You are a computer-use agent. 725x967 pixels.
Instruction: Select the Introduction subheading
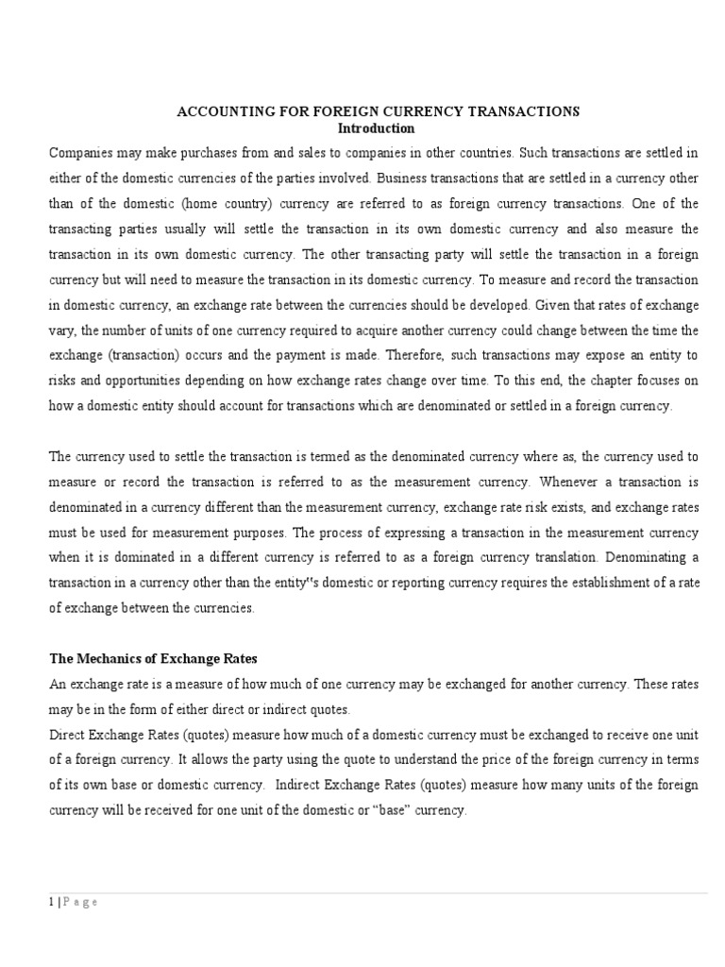click(376, 127)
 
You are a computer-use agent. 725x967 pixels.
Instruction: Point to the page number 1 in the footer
click(51, 902)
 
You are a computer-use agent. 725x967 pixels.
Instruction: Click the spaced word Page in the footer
click(79, 902)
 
